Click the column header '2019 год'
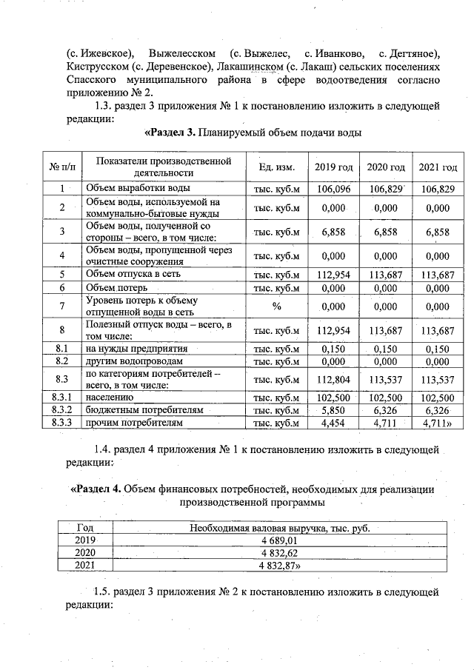coord(333,167)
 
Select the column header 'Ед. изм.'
coord(275,167)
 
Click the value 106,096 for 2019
coord(333,189)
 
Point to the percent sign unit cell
coord(276,306)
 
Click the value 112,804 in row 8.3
coord(333,380)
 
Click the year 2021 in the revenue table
coord(85,565)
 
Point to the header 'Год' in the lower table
coord(85,527)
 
